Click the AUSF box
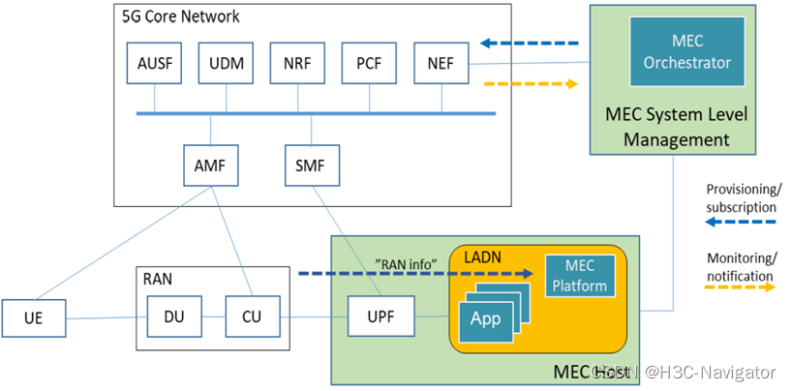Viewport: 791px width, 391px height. click(154, 63)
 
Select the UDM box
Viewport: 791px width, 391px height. click(226, 63)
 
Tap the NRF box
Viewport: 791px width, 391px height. click(297, 63)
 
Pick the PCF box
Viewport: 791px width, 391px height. click(369, 63)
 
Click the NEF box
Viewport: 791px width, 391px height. click(441, 63)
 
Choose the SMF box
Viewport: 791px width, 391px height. click(312, 165)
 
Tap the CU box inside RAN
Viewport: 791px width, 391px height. click(250, 316)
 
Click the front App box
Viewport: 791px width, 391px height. click(485, 319)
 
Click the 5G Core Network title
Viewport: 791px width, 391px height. click(181, 16)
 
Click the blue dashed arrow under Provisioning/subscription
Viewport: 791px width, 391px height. click(741, 223)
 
